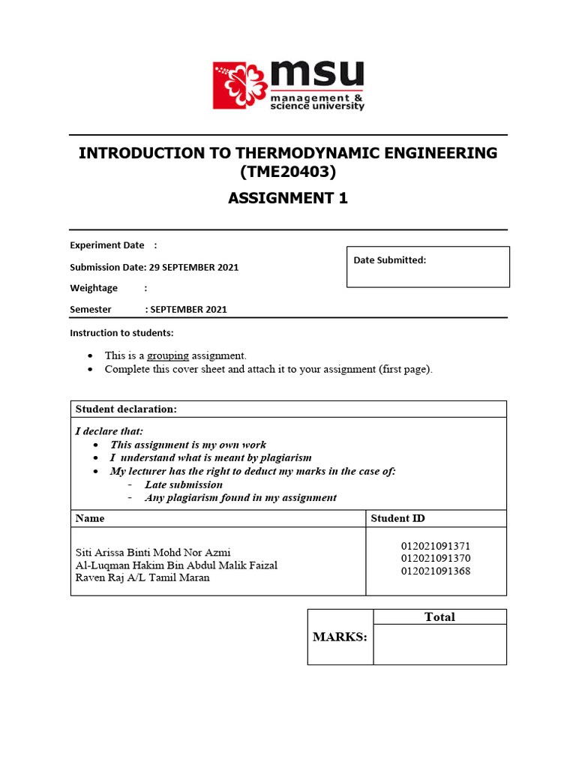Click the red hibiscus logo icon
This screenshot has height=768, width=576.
(x=239, y=85)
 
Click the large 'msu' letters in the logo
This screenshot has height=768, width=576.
(x=316, y=75)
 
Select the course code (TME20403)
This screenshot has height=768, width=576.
(x=288, y=172)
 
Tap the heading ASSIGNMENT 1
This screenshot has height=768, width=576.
(x=288, y=198)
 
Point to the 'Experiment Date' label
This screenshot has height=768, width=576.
(x=106, y=245)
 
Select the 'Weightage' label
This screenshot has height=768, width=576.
(x=94, y=288)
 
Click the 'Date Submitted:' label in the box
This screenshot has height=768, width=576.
(x=390, y=260)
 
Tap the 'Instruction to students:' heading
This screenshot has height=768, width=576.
(x=121, y=332)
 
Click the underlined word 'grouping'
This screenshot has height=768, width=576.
(x=168, y=355)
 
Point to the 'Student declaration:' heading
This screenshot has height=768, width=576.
(x=126, y=409)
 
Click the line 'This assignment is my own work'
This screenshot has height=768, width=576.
(x=188, y=445)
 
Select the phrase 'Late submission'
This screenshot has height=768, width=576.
(x=184, y=484)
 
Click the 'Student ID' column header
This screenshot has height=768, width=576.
(x=398, y=518)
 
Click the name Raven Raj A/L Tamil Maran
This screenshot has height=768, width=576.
(x=142, y=577)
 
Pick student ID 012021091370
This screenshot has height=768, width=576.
(x=436, y=559)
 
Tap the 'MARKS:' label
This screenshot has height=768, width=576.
(x=340, y=637)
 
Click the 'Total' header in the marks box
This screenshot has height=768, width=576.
(x=439, y=616)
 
